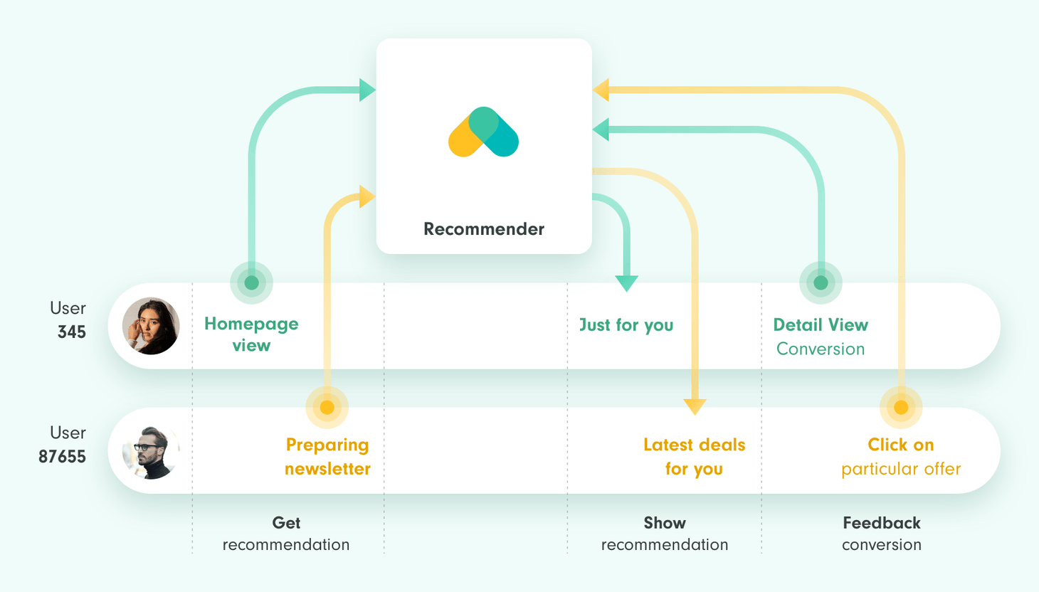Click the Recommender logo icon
483,132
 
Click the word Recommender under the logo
484,229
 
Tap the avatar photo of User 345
151,326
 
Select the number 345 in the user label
72,332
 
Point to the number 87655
62,457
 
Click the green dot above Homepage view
251,282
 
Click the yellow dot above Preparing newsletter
327,407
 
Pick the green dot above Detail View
821,282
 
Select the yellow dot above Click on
901,407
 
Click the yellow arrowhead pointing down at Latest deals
695,407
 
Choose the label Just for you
626,325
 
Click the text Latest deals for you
695,457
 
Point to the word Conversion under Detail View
821,349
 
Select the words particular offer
901,469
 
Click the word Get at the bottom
286,523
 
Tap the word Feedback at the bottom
882,523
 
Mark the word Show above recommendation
665,523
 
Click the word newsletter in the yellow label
327,469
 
